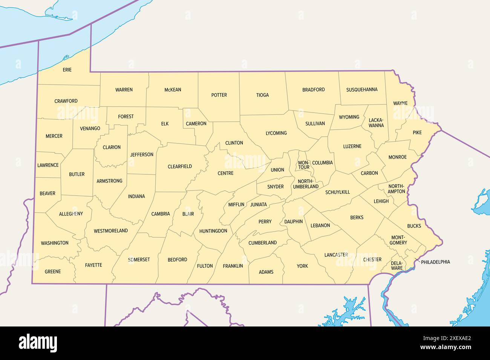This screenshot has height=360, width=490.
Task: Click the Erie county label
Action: (x=67, y=70)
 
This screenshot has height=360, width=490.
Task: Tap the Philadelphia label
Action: (x=435, y=262)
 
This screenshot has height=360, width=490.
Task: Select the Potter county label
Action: (x=219, y=95)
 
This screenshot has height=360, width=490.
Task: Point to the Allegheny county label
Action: (x=71, y=214)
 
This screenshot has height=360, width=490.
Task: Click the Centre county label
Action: (x=225, y=173)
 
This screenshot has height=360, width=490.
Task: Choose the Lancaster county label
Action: (x=336, y=255)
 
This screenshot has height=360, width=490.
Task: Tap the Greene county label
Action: (x=53, y=272)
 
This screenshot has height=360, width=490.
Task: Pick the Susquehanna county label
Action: (x=362, y=90)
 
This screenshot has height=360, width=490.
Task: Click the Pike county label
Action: (x=417, y=133)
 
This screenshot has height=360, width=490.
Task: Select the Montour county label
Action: (x=304, y=165)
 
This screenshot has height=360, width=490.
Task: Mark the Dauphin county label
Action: (x=294, y=221)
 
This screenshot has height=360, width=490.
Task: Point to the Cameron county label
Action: (x=196, y=124)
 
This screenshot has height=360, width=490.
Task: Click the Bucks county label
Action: (x=414, y=226)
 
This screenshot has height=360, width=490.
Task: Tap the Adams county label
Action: (x=266, y=272)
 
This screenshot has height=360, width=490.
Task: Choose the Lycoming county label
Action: (x=276, y=133)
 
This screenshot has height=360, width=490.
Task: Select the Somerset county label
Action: (x=139, y=259)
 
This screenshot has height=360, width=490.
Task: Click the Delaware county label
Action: (x=397, y=265)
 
